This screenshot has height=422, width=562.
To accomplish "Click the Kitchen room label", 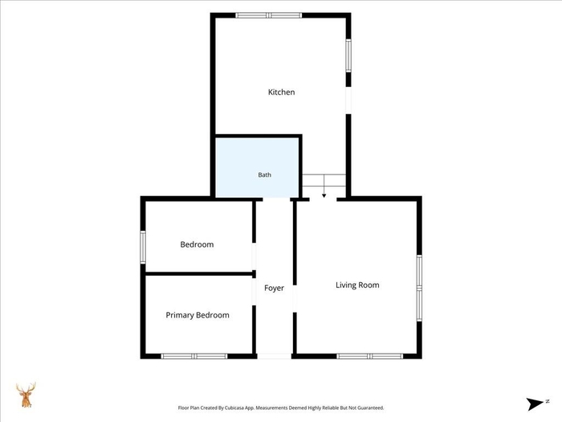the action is [x=281, y=92].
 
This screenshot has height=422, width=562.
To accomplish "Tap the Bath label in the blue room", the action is [x=264, y=174].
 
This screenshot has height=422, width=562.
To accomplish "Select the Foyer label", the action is [x=274, y=288].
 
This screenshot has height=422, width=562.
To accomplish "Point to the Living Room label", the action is [x=357, y=285].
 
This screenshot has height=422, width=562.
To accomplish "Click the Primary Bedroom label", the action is [x=198, y=315].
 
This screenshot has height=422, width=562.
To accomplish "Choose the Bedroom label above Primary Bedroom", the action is [x=197, y=244].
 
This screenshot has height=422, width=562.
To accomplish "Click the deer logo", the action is [x=26, y=395].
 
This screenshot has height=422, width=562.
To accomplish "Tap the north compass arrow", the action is [x=536, y=404].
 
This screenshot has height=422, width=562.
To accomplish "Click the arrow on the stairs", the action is [x=324, y=186].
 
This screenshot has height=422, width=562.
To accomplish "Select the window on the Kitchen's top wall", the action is [x=269, y=15].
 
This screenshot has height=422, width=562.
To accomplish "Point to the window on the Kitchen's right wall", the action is [x=348, y=55].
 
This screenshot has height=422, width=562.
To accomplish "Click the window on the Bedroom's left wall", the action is [x=143, y=248].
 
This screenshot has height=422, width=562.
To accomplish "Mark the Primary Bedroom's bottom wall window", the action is [x=194, y=356].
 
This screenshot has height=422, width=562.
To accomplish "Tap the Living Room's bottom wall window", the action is [x=370, y=356].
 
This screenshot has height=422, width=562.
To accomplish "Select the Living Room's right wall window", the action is [x=419, y=288].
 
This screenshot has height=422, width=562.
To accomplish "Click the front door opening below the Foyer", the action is [x=275, y=356].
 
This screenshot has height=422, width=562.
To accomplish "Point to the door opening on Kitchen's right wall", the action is [x=348, y=100].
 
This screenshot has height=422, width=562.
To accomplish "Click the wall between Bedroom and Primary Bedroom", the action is [x=199, y=274].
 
